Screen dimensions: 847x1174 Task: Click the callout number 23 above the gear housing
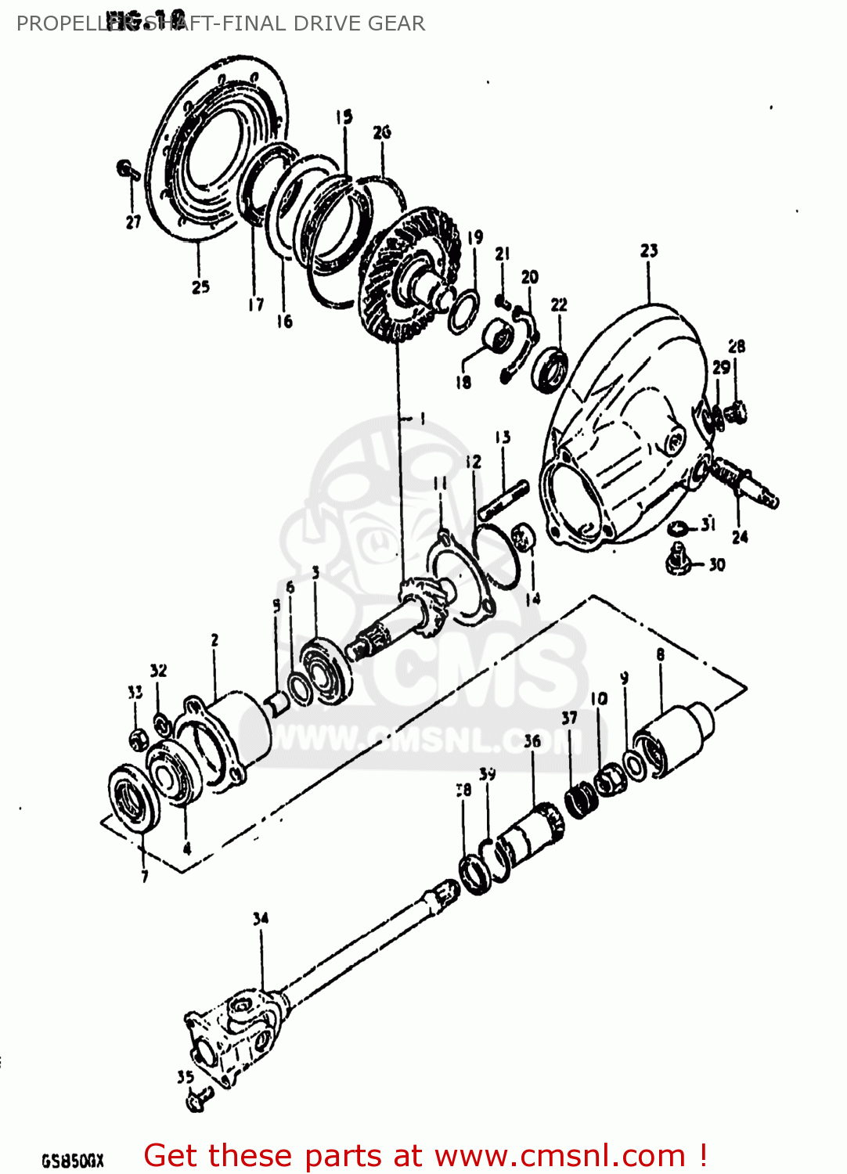(649, 250)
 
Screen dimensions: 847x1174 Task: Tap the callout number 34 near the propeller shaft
(261, 918)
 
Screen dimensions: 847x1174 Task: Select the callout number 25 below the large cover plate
(200, 287)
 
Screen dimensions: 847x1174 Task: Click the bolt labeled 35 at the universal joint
(196, 1101)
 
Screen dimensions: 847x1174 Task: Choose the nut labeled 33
(138, 738)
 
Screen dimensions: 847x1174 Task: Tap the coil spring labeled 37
(582, 801)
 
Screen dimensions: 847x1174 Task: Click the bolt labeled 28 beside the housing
(736, 409)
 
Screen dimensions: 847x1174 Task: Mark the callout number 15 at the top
(344, 117)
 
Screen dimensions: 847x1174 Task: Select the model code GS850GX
(72, 1160)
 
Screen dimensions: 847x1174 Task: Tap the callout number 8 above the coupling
(661, 654)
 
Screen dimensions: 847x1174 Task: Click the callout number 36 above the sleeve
(532, 740)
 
